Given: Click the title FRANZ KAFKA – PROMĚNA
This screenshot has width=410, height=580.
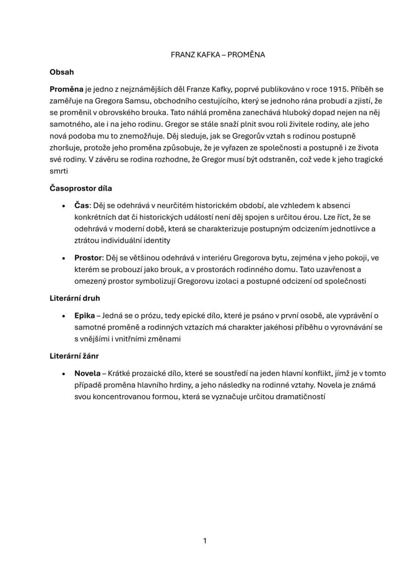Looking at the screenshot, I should click(x=217, y=54).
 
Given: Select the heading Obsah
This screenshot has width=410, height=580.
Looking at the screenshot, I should click(x=61, y=72).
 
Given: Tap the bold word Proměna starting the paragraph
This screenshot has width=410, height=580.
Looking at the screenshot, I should click(x=66, y=90).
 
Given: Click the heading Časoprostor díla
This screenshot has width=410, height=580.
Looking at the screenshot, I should click(x=81, y=188).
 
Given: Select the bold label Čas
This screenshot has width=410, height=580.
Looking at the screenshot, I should click(x=82, y=206).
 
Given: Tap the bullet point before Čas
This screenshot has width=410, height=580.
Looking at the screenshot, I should click(x=63, y=206).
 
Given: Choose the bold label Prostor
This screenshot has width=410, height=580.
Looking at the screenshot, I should click(x=88, y=258).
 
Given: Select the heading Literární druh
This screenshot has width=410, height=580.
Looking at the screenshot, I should click(x=75, y=298).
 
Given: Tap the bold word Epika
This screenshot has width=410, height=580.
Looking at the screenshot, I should click(x=84, y=316).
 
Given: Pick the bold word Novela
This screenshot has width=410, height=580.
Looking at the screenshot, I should click(x=87, y=373).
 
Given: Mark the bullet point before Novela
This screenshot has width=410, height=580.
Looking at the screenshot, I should click(x=63, y=374).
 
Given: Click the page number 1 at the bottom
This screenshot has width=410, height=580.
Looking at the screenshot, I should click(x=205, y=541).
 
